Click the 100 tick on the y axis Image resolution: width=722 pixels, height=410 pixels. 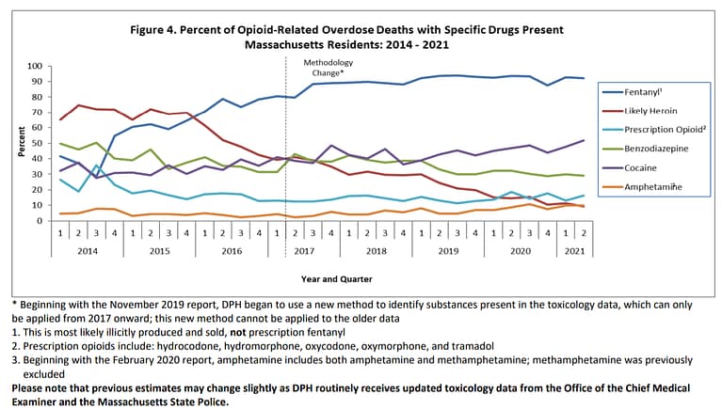35,66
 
